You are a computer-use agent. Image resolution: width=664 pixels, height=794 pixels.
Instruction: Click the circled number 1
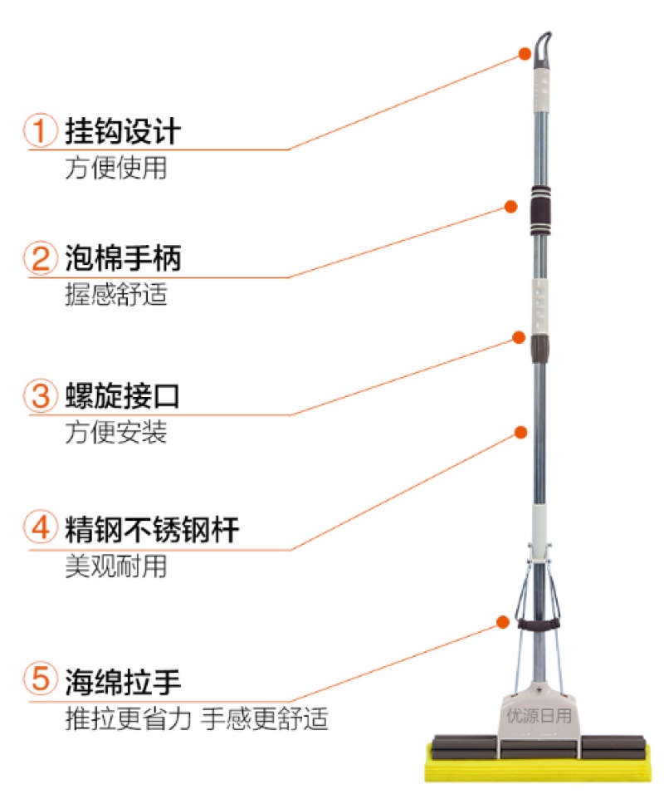pos(41,130)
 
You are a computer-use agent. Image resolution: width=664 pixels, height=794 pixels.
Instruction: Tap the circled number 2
pos(41,257)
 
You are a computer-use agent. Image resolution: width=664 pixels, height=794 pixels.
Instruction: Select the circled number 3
pos(41,395)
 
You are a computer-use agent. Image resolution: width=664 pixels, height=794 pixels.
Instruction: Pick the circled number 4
pos(41,527)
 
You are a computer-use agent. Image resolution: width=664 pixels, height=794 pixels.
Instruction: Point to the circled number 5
pos(41,679)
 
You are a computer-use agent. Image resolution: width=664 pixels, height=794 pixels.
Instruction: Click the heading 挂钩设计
pos(123,131)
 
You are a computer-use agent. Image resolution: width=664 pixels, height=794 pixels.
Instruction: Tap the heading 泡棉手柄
pos(123,258)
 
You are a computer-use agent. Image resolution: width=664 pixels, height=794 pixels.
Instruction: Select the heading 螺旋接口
pos(123,396)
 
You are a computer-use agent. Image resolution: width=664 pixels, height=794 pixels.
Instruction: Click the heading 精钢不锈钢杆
pos(152,529)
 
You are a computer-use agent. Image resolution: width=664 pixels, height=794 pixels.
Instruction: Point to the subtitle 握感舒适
pos(116,294)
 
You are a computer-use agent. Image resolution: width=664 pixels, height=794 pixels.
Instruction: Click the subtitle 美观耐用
pos(116,566)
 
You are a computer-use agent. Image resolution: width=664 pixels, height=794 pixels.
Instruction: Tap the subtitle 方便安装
pos(116,433)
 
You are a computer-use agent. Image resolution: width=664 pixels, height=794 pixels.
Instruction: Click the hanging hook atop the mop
pos(540,50)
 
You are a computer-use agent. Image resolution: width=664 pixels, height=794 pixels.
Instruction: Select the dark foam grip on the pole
pos(540,211)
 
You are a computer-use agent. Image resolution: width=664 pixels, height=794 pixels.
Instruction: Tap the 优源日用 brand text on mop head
pos(539,715)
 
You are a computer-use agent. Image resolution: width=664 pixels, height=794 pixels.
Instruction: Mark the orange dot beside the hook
pos(525,54)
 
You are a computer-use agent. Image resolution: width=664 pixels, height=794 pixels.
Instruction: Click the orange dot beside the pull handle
pos(502,622)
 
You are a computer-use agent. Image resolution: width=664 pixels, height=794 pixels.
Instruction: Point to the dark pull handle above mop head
pos(538,624)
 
